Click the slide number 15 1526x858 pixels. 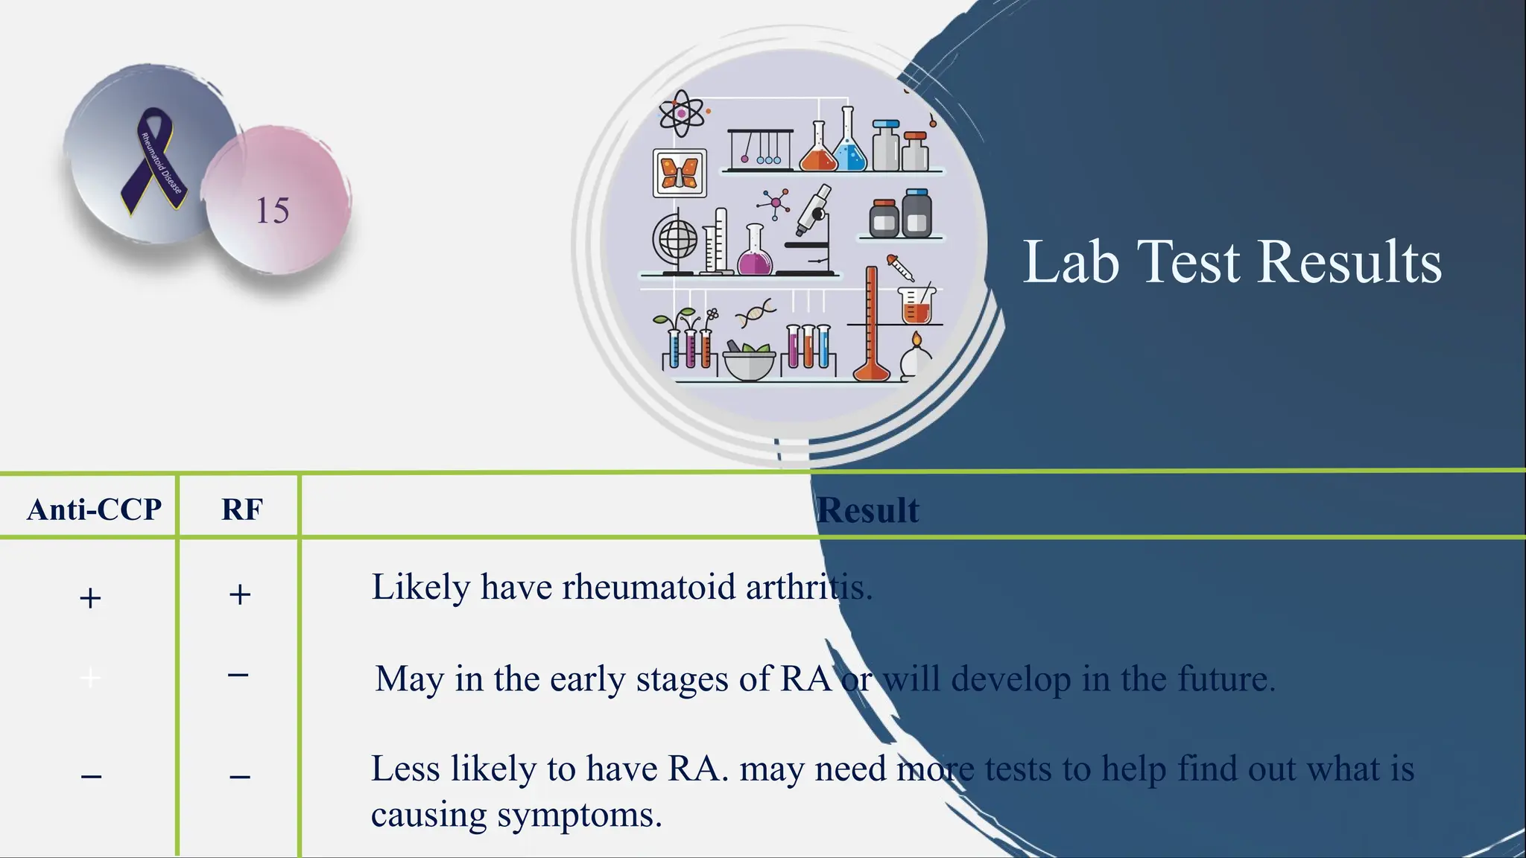point(272,211)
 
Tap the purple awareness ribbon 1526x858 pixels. point(153,159)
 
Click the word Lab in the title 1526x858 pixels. point(1071,262)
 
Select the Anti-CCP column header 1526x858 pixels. point(94,509)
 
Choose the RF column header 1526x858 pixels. point(241,509)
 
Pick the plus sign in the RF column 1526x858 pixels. point(239,594)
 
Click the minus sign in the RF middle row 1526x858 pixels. point(238,675)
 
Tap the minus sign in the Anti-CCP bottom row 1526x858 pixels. point(91,777)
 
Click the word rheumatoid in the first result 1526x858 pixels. point(648,588)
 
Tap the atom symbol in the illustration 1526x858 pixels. point(681,114)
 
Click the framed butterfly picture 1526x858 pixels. point(680,173)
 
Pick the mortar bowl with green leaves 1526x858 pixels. point(749,360)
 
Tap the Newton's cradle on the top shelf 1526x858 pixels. point(760,148)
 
